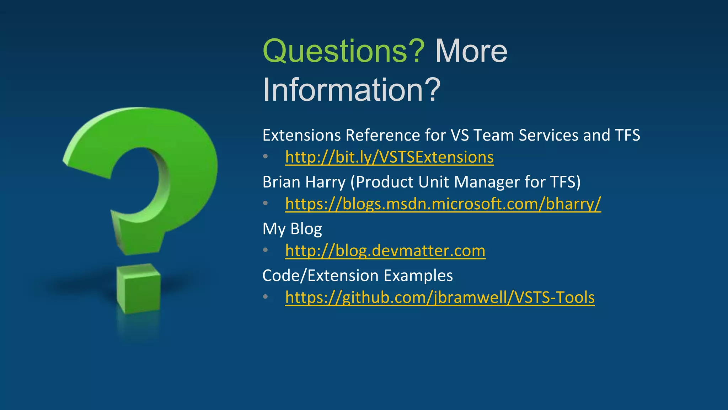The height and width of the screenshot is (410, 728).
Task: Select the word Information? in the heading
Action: pos(352,90)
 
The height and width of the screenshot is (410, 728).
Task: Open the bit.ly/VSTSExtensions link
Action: pos(389,157)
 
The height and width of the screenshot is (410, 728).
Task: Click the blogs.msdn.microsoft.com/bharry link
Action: pos(443,204)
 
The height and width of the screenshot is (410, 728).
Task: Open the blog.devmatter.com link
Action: pos(385,251)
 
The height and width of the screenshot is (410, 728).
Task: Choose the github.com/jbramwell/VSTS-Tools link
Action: pos(440,298)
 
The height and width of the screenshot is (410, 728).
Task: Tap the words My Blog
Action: pos(292,229)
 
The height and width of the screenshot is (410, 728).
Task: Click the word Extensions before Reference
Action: pos(302,136)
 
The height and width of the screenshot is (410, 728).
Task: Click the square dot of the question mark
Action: pos(139,288)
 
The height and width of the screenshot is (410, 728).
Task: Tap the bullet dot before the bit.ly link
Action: pos(266,157)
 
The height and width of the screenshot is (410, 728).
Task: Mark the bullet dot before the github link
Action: pos(266,296)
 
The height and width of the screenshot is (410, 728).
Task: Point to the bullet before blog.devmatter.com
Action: pos(266,250)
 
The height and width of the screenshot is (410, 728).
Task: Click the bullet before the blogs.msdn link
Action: pos(266,203)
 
